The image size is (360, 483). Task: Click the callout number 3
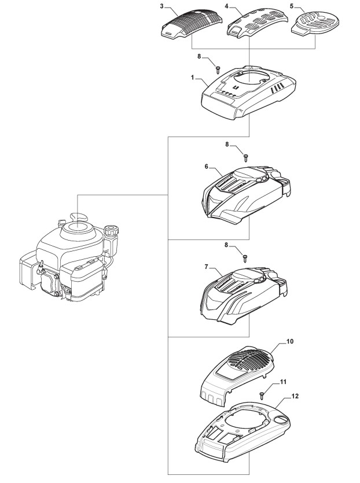(x=161, y=7)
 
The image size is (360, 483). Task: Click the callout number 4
(x=226, y=7)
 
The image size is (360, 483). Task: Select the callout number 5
(x=292, y=7)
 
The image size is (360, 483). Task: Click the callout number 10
(x=290, y=342)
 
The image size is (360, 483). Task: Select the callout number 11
(x=283, y=382)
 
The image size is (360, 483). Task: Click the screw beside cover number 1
(x=218, y=68)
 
